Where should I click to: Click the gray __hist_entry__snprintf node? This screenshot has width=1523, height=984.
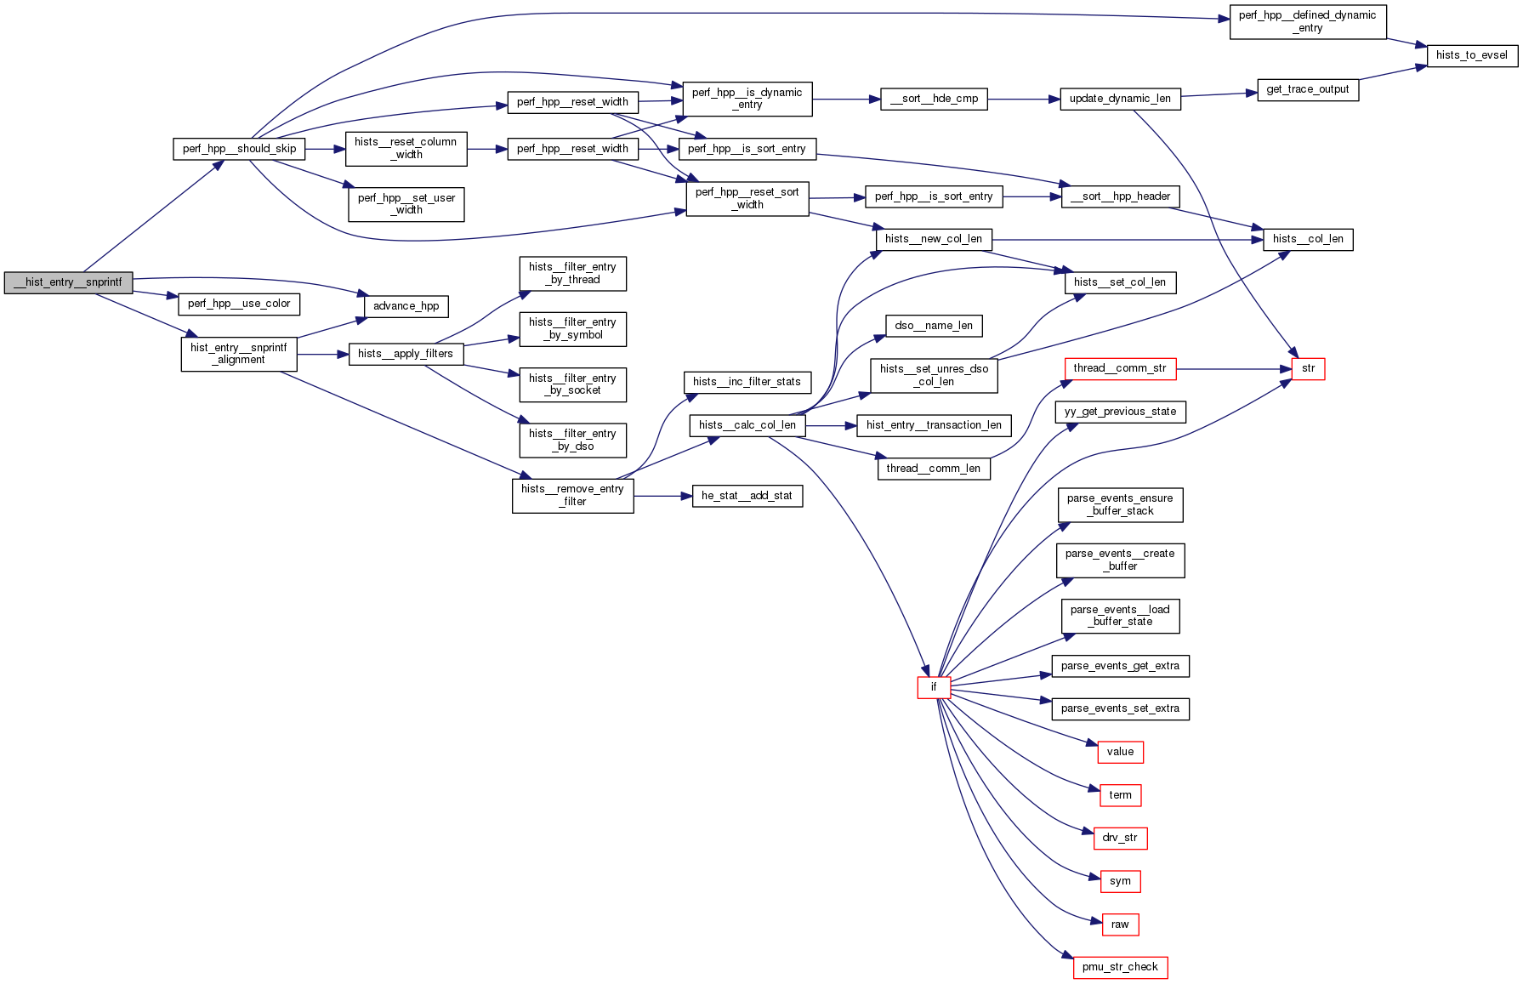point(68,282)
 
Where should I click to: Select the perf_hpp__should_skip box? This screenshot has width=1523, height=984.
point(239,149)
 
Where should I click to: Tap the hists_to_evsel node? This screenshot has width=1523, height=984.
point(1471,55)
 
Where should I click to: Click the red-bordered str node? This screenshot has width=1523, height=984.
point(1308,368)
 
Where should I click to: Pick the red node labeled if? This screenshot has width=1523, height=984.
point(933,687)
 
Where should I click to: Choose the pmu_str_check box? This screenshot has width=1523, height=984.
point(1120,967)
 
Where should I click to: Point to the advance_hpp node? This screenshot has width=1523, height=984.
point(406,306)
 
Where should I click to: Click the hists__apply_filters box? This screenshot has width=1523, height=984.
point(406,354)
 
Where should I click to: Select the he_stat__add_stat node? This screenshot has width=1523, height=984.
point(747,496)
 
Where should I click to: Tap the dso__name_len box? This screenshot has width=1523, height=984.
point(934,326)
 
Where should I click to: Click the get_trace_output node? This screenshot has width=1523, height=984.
point(1307,89)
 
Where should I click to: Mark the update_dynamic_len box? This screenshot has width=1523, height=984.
point(1120,99)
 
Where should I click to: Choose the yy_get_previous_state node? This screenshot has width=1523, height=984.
point(1120,412)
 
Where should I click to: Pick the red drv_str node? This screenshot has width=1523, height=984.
point(1120,838)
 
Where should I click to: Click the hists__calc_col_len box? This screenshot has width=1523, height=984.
point(747,425)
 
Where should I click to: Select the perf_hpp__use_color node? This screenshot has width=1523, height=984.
point(239,304)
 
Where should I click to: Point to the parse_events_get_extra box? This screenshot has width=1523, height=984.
point(1120,666)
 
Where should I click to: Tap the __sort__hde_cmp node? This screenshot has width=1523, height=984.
point(934,99)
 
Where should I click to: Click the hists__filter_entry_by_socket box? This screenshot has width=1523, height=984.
point(573,384)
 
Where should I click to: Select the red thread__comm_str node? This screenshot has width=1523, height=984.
point(1120,368)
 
